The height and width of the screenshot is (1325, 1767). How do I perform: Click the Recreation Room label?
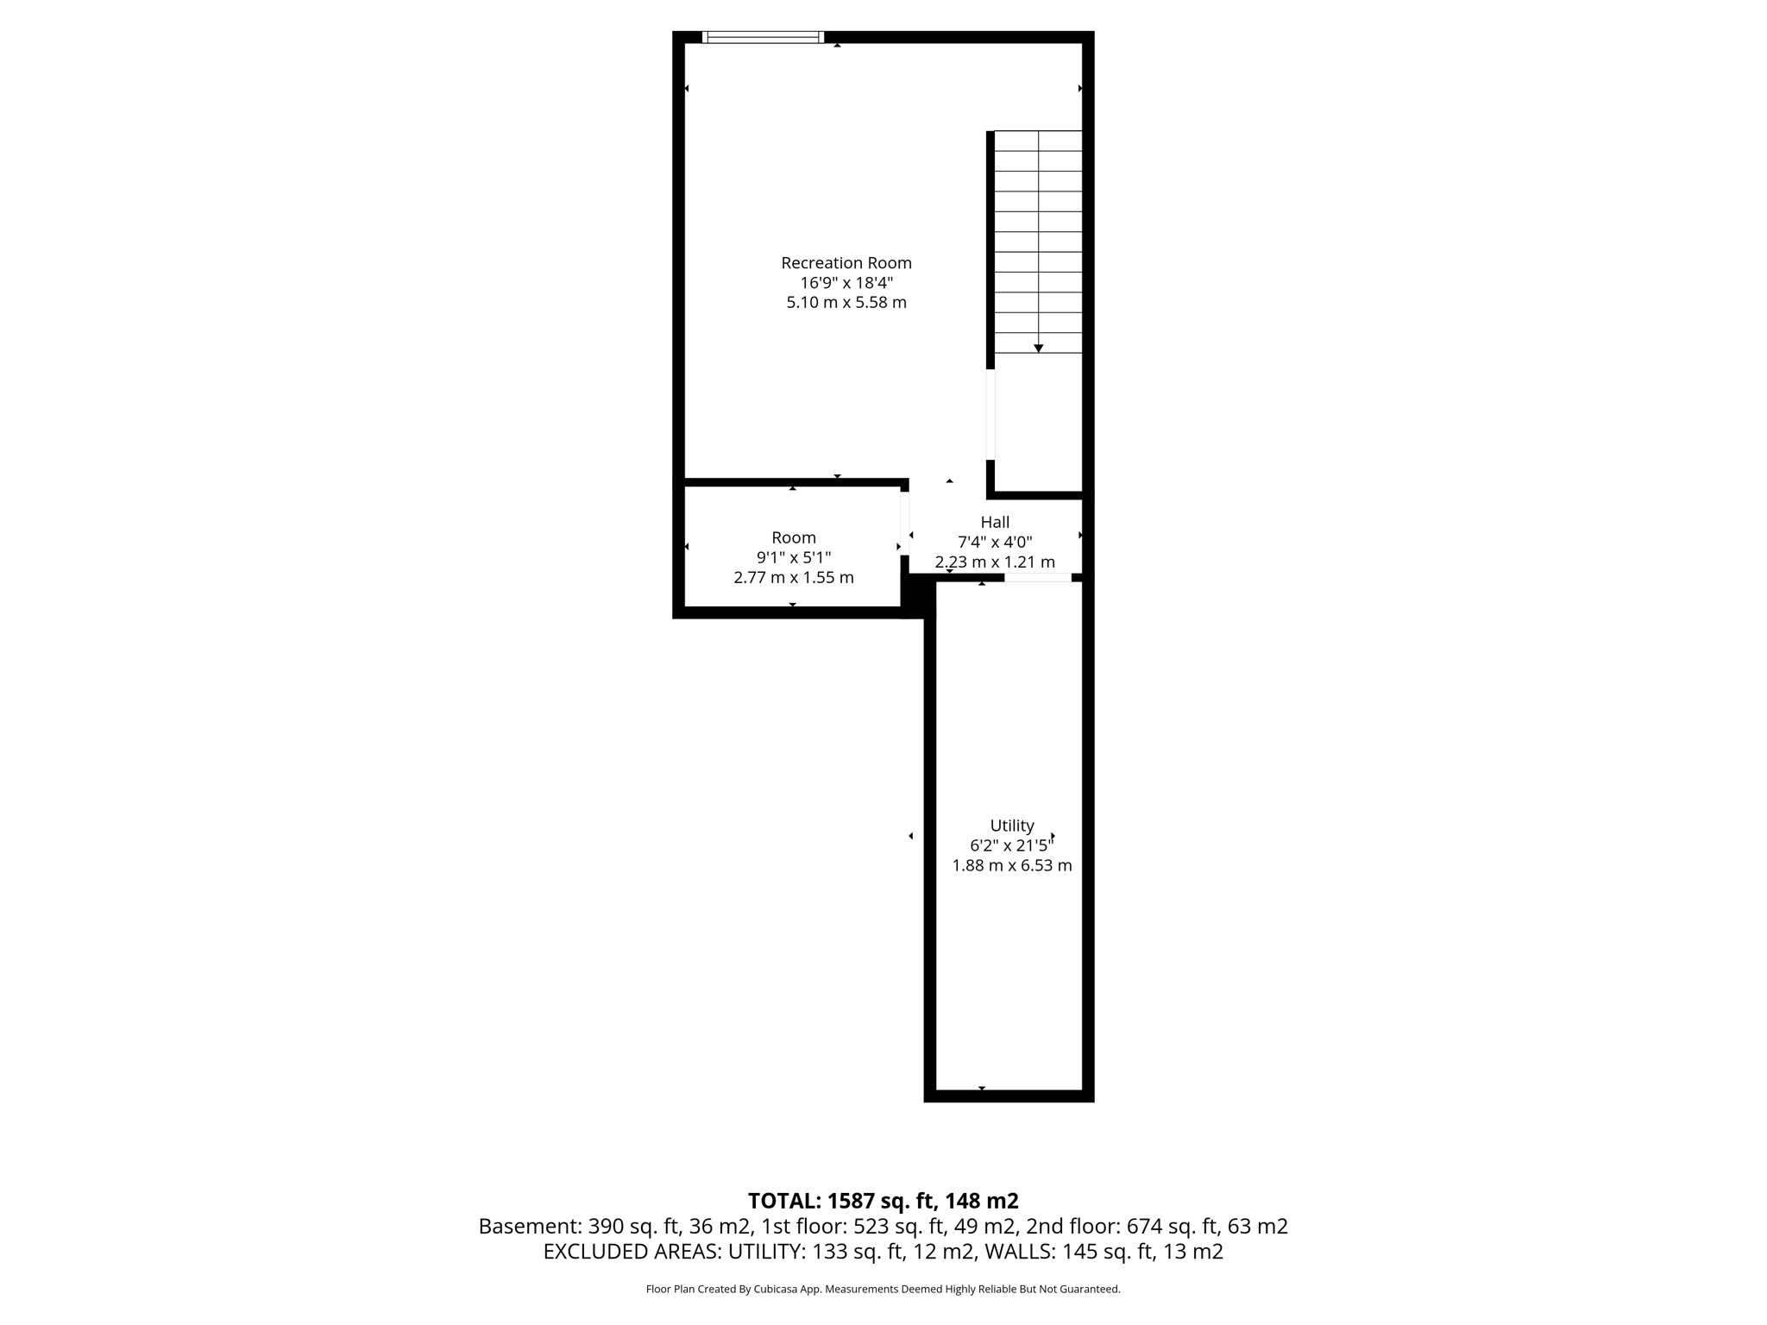point(846,263)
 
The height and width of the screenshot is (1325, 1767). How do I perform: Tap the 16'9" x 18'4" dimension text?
point(846,283)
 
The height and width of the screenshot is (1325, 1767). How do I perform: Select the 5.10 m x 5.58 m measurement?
point(846,303)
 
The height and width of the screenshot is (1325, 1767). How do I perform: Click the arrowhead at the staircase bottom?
point(1038,349)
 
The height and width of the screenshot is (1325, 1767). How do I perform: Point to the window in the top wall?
point(763,37)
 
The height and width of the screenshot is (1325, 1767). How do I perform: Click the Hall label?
point(995,523)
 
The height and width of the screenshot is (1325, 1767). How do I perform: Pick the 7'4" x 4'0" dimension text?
point(995,543)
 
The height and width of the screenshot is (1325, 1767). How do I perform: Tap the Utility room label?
point(1011,826)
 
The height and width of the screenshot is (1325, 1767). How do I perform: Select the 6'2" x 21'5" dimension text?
point(1011,846)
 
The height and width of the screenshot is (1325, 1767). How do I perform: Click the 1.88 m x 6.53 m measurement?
point(1011,866)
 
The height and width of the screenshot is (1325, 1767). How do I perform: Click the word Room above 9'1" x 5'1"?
point(793,538)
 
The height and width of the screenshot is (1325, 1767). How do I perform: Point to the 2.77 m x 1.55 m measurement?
point(793,578)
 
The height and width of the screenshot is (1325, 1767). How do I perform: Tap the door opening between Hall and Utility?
point(1037,577)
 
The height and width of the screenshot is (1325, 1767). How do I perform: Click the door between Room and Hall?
point(904,524)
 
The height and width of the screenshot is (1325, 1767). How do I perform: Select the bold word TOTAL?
point(784,1201)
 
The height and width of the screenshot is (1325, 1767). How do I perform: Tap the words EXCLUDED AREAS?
point(632,1252)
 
